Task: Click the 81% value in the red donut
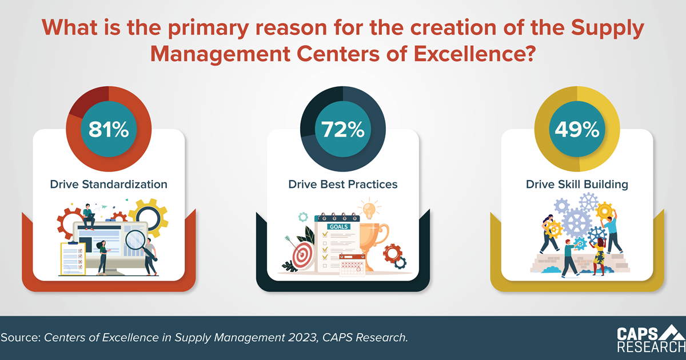[109, 130]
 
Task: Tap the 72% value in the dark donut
[343, 130]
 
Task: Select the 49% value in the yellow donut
[577, 130]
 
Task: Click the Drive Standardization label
[109, 185]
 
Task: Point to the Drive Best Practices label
[343, 185]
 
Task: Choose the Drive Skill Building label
[577, 185]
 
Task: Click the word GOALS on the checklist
[336, 226]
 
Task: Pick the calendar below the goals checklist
[352, 266]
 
